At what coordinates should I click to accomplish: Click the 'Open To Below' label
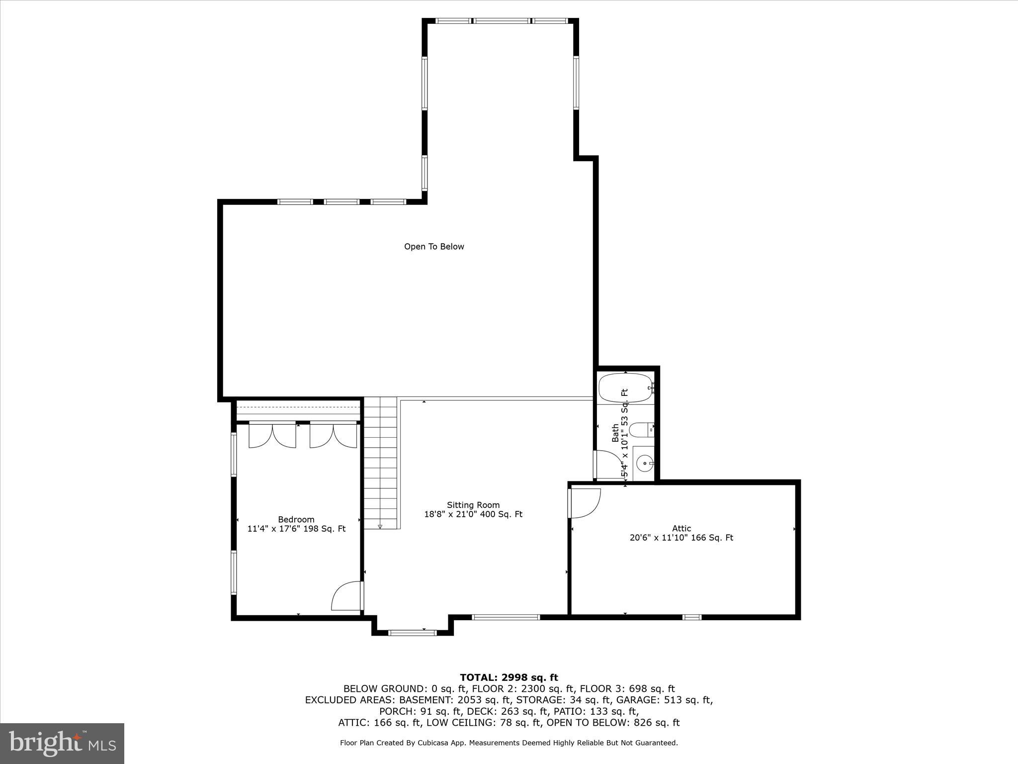[434, 247]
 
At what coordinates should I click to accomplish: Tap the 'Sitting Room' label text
[473, 505]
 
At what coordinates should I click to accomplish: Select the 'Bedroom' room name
[296, 520]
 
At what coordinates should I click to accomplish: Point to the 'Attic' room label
[681, 529]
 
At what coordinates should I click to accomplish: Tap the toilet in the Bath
[640, 429]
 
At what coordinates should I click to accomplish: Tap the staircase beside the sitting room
[381, 463]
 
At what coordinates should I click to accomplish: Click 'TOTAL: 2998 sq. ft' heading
[509, 677]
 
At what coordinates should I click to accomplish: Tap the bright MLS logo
[62, 743]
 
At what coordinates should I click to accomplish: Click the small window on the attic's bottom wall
[691, 617]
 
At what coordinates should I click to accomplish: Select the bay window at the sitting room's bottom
[412, 633]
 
